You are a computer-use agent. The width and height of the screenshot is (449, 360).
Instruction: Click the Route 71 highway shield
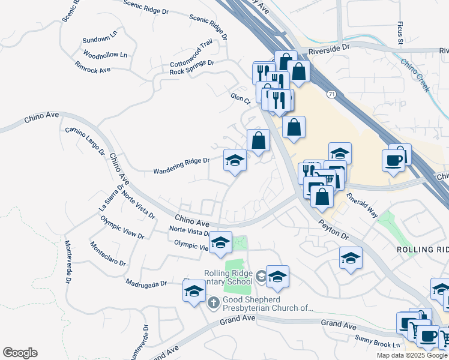(331, 94)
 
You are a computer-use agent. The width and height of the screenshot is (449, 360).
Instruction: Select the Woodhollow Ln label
(106, 55)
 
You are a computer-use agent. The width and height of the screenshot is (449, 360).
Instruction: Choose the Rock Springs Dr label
(192, 67)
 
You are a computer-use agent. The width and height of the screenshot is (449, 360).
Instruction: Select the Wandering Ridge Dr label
(181, 160)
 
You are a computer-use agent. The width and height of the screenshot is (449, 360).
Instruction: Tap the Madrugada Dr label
(146, 283)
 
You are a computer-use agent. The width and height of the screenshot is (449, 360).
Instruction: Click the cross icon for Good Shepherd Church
(213, 302)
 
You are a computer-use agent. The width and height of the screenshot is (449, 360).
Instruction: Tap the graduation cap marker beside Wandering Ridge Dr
(235, 161)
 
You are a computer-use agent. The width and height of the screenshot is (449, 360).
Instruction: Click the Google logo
(20, 353)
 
